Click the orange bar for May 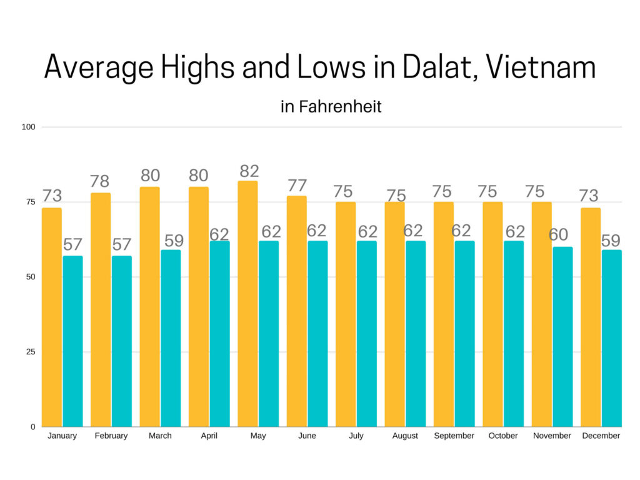247,304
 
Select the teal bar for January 72,341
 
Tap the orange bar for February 101,310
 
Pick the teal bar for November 562,337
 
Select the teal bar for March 171,338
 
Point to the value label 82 248,171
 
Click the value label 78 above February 101,182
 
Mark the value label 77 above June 297,186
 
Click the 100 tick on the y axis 29,127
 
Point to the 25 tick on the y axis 31,352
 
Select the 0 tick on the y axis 32,427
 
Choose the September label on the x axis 454,436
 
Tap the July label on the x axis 356,436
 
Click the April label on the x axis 209,436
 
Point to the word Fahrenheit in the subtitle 340,107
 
